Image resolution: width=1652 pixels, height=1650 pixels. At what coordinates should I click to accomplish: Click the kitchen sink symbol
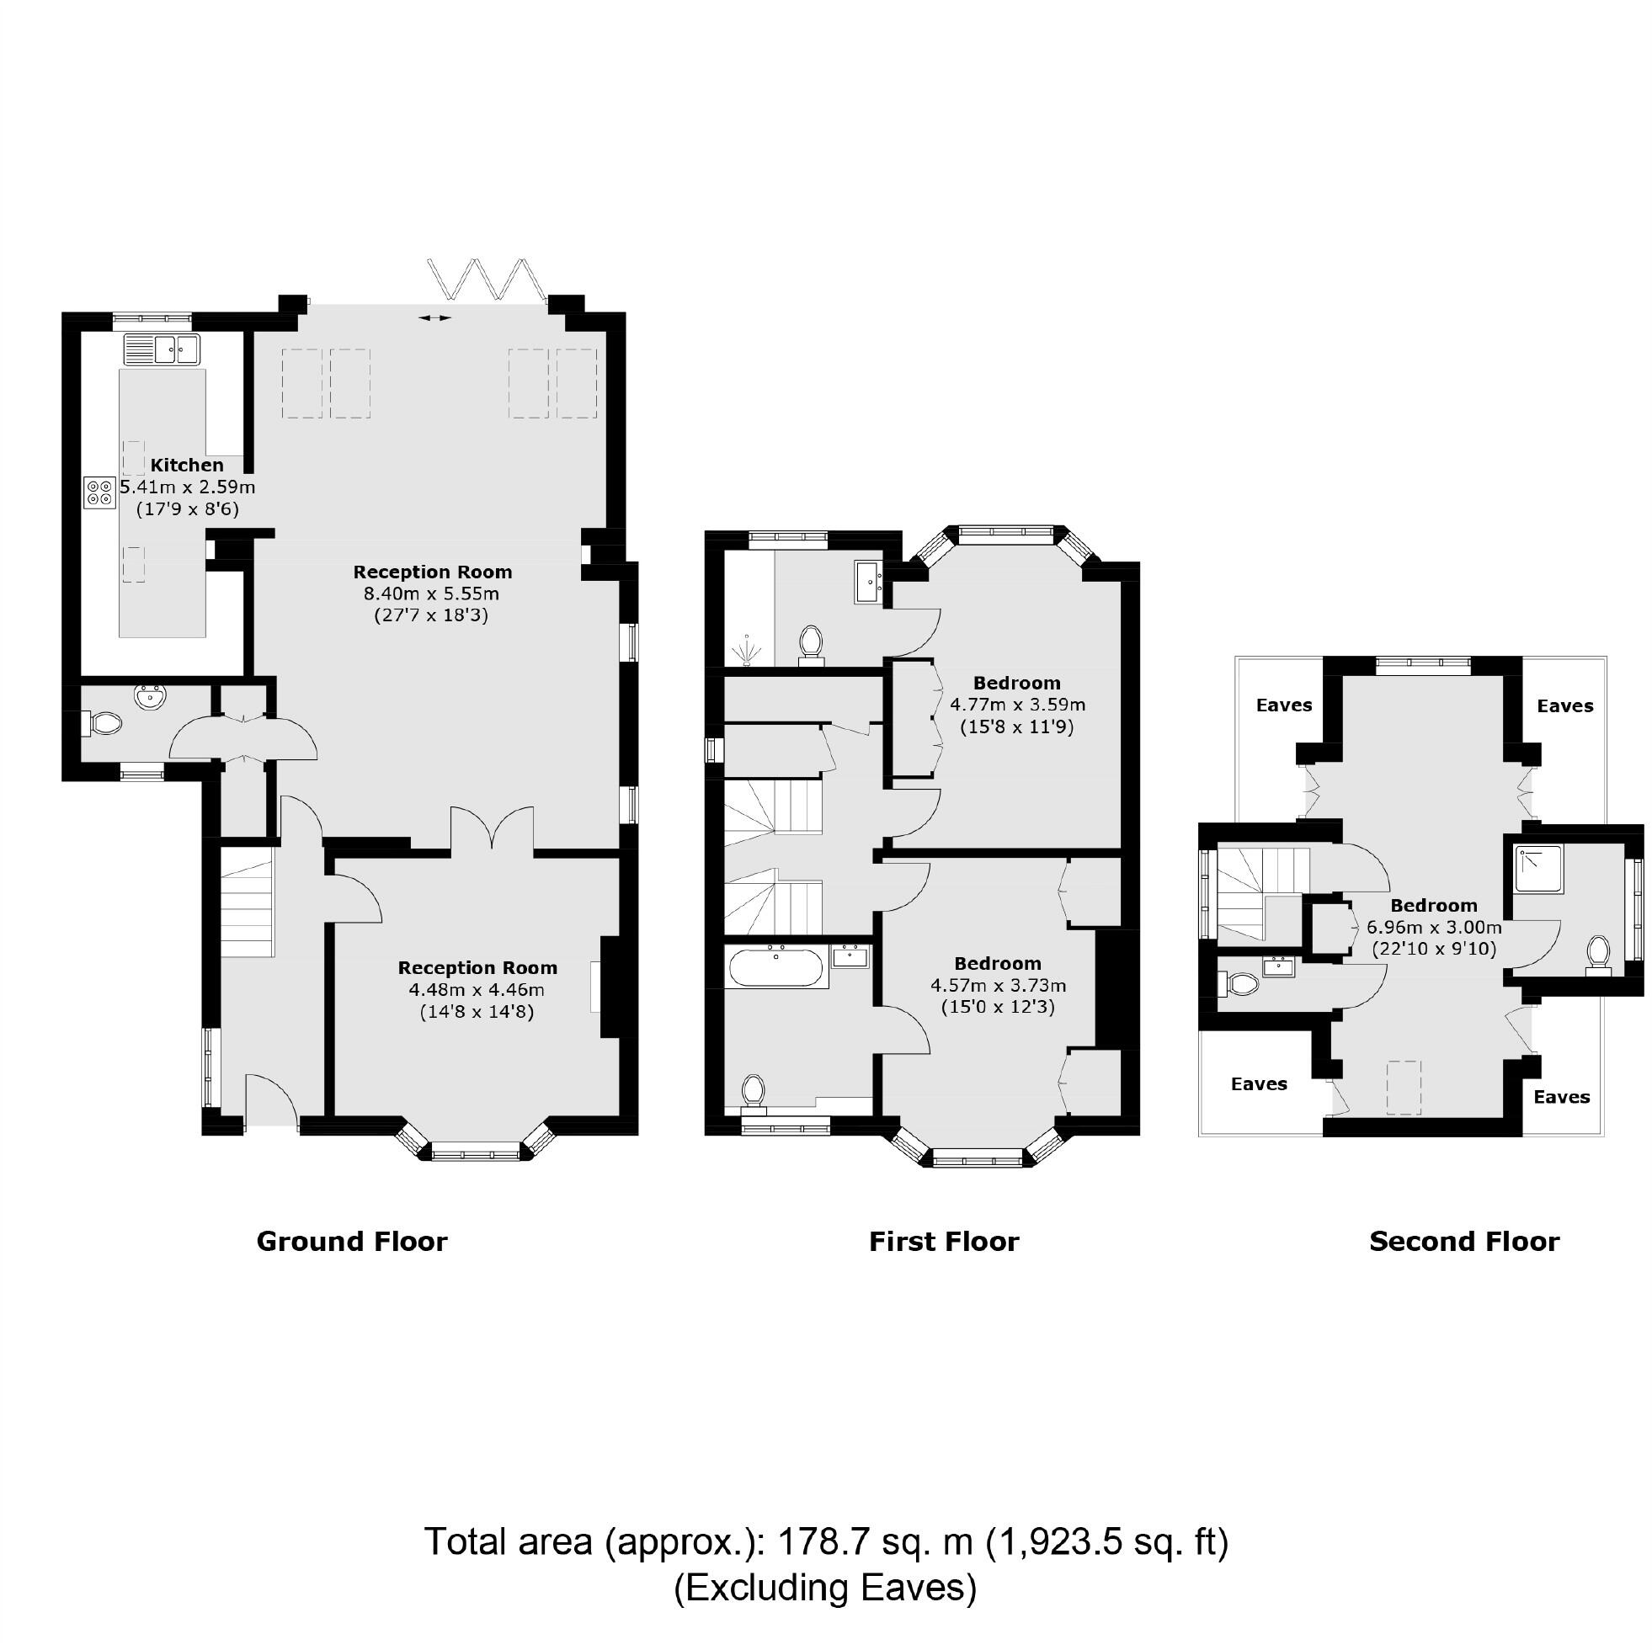click(162, 349)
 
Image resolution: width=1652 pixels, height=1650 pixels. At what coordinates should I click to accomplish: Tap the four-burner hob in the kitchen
click(99, 493)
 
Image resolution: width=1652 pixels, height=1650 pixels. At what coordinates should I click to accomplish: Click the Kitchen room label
click(187, 465)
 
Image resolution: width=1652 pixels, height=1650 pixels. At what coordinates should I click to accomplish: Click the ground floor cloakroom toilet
click(104, 724)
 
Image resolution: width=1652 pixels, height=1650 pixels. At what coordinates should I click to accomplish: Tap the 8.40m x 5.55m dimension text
click(431, 593)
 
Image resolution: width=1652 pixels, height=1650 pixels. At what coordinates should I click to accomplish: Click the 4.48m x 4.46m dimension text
click(477, 990)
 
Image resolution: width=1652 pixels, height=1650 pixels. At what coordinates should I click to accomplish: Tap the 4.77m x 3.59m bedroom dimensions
click(1017, 705)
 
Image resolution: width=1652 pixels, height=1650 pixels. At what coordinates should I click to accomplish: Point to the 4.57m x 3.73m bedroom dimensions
click(998, 985)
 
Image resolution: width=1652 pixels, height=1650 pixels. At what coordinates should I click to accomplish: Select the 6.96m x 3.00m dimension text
click(1434, 927)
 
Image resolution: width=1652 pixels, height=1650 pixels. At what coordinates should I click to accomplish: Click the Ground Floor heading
click(351, 1242)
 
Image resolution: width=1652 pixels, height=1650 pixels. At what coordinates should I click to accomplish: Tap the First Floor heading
click(944, 1242)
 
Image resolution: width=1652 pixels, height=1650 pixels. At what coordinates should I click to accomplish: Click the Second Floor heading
click(1464, 1242)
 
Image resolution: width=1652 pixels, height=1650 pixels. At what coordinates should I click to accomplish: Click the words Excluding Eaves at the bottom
click(825, 1588)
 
